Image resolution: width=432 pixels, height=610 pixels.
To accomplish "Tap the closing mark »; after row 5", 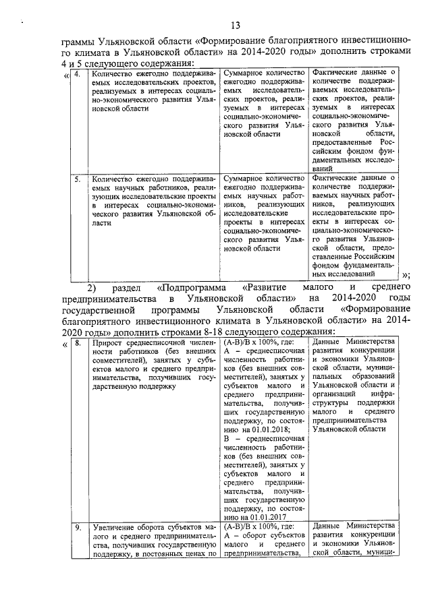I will coord(405,274).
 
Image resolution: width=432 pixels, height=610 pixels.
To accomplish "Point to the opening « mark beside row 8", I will coord(65,344).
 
